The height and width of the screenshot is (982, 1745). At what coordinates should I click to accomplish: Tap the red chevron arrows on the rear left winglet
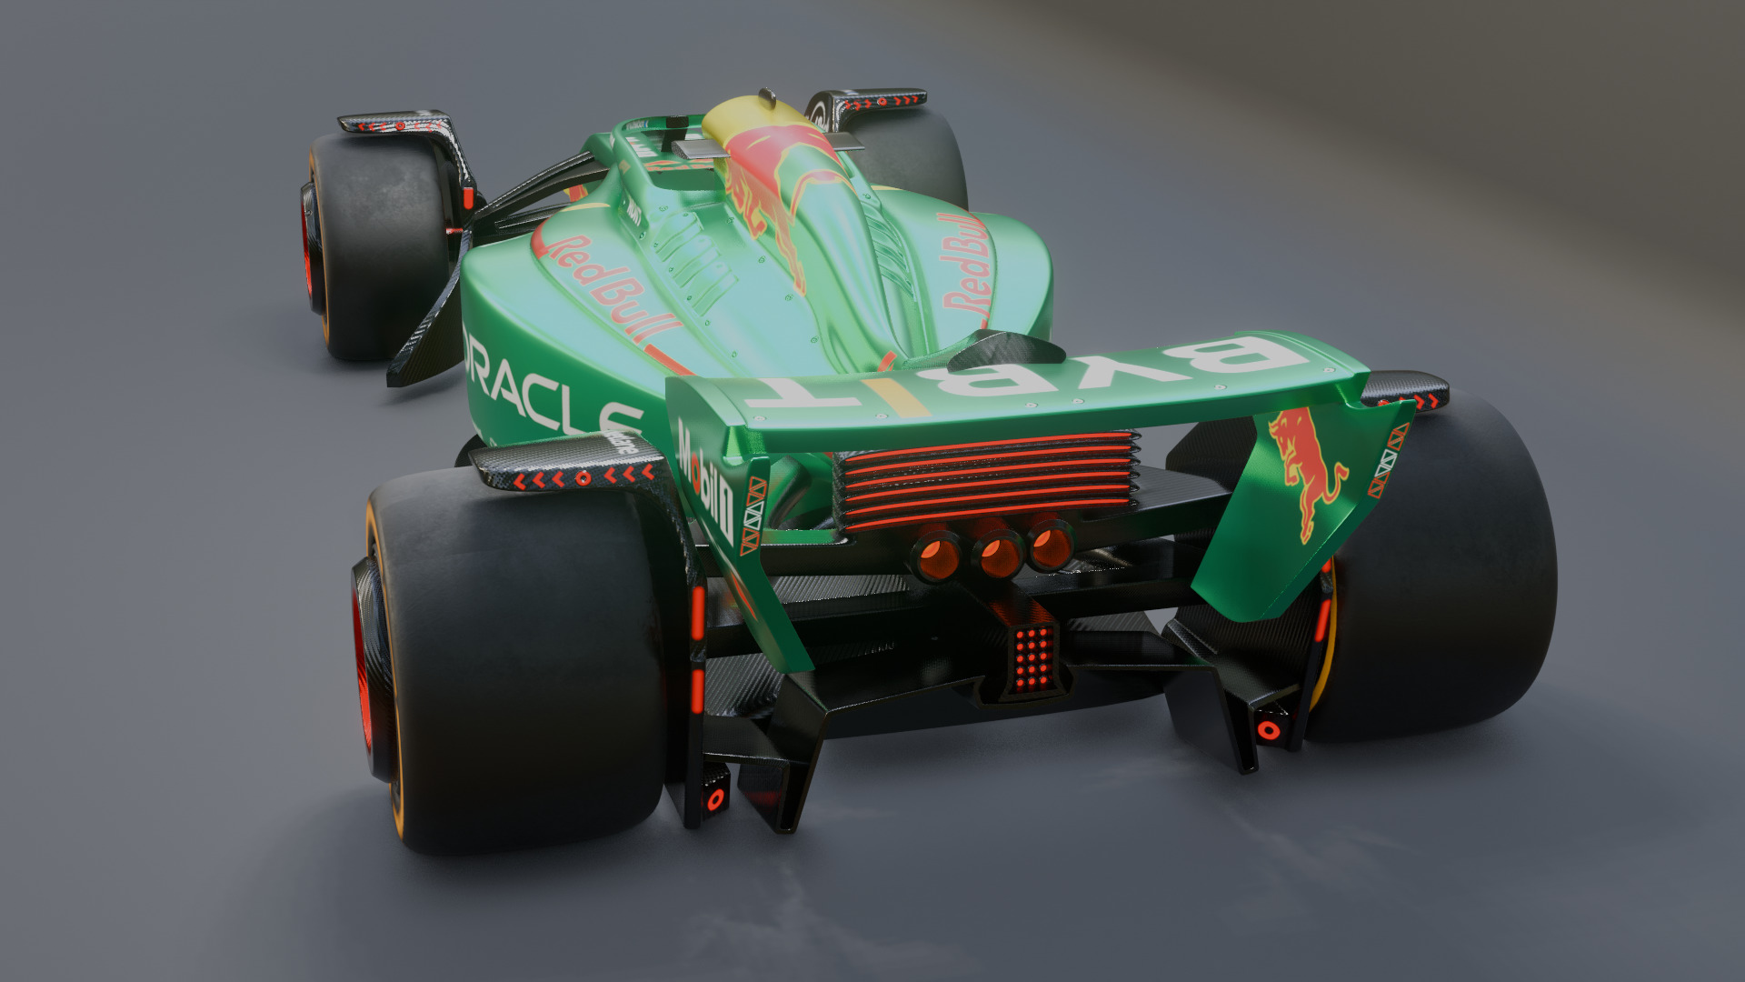(x=582, y=476)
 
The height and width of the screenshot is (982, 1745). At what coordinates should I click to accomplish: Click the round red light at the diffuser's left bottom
(x=715, y=799)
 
